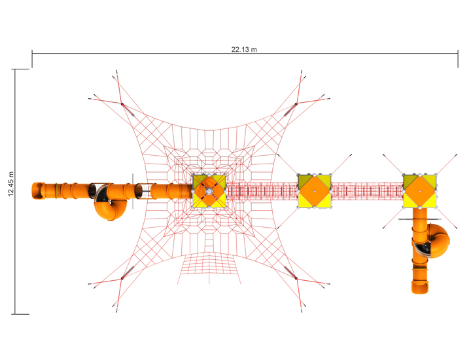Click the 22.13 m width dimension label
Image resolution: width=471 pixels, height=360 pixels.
tap(244, 49)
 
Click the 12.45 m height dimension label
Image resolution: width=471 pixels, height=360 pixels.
tap(11, 184)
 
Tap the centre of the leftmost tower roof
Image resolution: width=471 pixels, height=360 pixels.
tap(209, 191)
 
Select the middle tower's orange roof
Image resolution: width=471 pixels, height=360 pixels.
tap(315, 191)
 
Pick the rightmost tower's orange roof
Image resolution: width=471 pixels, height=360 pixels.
tap(419, 191)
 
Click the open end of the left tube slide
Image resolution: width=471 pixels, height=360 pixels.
tap(38, 191)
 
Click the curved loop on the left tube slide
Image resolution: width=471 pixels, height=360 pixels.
tap(111, 207)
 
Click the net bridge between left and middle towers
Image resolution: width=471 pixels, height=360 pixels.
tap(262, 191)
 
